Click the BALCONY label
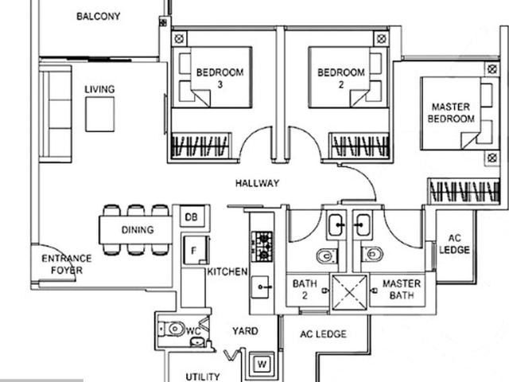(98, 16)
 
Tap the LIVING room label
(99, 89)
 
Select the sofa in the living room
(55, 114)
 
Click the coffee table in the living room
(101, 115)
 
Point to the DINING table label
(138, 230)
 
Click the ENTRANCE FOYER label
(67, 264)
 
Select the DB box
(191, 217)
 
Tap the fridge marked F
(192, 249)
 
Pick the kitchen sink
(262, 286)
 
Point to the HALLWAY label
(257, 183)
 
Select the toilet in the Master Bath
(371, 255)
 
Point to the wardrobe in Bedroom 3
(200, 146)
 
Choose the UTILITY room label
(203, 376)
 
